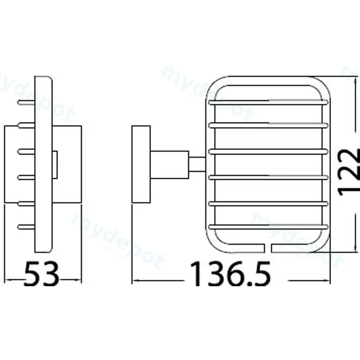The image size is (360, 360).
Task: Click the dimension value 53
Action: pos(41,274)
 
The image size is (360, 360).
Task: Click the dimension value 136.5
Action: pos(230,274)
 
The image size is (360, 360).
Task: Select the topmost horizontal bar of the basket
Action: pos(268,102)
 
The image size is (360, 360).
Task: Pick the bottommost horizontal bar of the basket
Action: pos(268,227)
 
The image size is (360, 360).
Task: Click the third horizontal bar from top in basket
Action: pos(268,152)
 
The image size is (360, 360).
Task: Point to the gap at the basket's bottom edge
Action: pos(268,248)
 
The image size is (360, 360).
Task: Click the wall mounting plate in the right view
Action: pos(141,164)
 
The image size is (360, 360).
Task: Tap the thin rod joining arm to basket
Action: pos(197,164)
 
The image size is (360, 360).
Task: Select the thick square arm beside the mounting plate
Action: pos(170,164)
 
